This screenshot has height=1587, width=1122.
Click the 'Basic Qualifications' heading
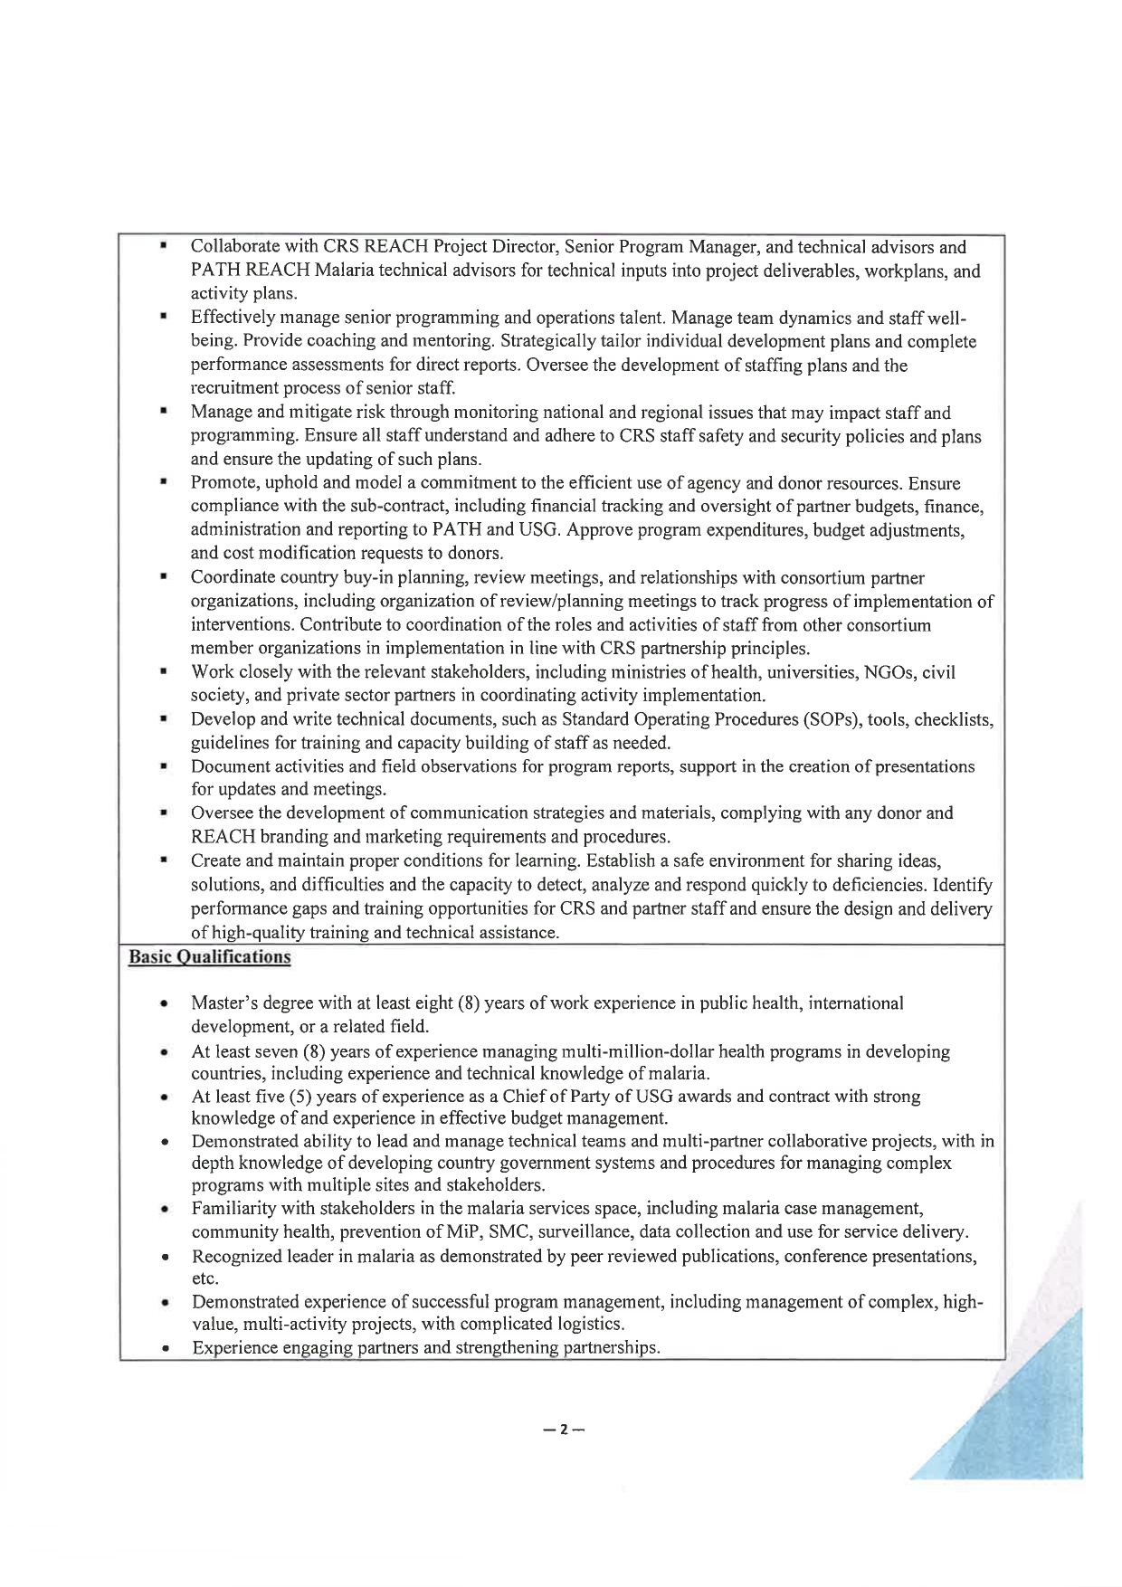point(209,957)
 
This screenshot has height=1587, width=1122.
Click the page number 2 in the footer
point(562,1430)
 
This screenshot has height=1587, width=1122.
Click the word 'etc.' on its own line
point(204,1278)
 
